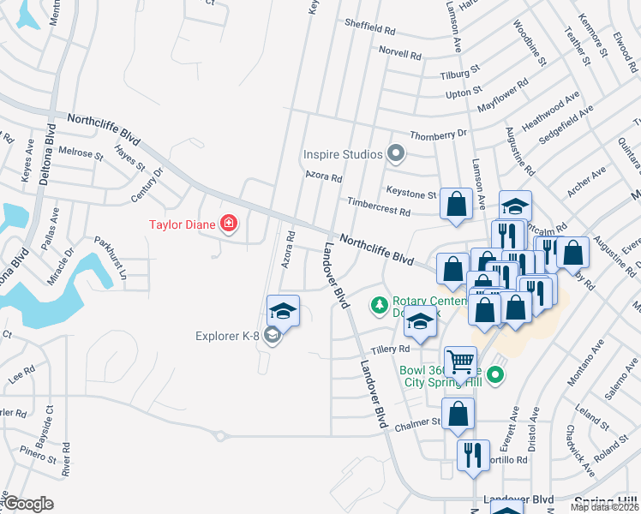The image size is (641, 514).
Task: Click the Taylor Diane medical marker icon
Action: point(229,225)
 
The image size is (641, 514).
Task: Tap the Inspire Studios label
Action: point(342,155)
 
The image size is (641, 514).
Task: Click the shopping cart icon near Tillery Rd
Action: point(461,362)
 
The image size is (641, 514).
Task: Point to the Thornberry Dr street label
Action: point(438,134)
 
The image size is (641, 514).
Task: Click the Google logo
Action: point(27,504)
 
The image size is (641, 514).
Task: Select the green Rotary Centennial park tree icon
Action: point(378,304)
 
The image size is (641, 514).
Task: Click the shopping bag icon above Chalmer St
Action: point(458,414)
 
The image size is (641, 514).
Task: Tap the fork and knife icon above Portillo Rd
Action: point(472,455)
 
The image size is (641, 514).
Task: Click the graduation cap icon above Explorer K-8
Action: point(283,310)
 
